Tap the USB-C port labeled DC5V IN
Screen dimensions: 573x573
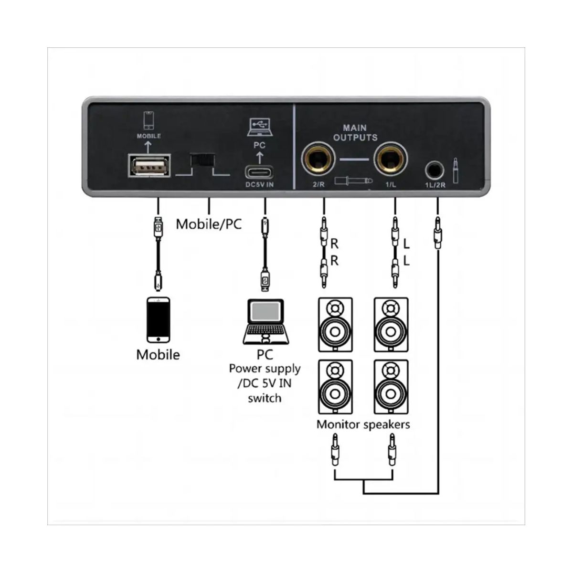(260, 171)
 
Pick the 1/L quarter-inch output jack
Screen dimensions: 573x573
(391, 159)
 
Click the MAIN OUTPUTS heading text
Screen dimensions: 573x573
(355, 133)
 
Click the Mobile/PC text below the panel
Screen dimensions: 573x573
(209, 223)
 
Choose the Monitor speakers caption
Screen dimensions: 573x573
(363, 424)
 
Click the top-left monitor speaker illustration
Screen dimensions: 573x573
(335, 325)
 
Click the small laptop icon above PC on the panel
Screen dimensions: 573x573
(259, 127)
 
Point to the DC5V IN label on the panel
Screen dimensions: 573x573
(260, 185)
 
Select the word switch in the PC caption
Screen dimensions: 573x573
(264, 398)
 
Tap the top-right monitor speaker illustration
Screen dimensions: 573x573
(391, 325)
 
